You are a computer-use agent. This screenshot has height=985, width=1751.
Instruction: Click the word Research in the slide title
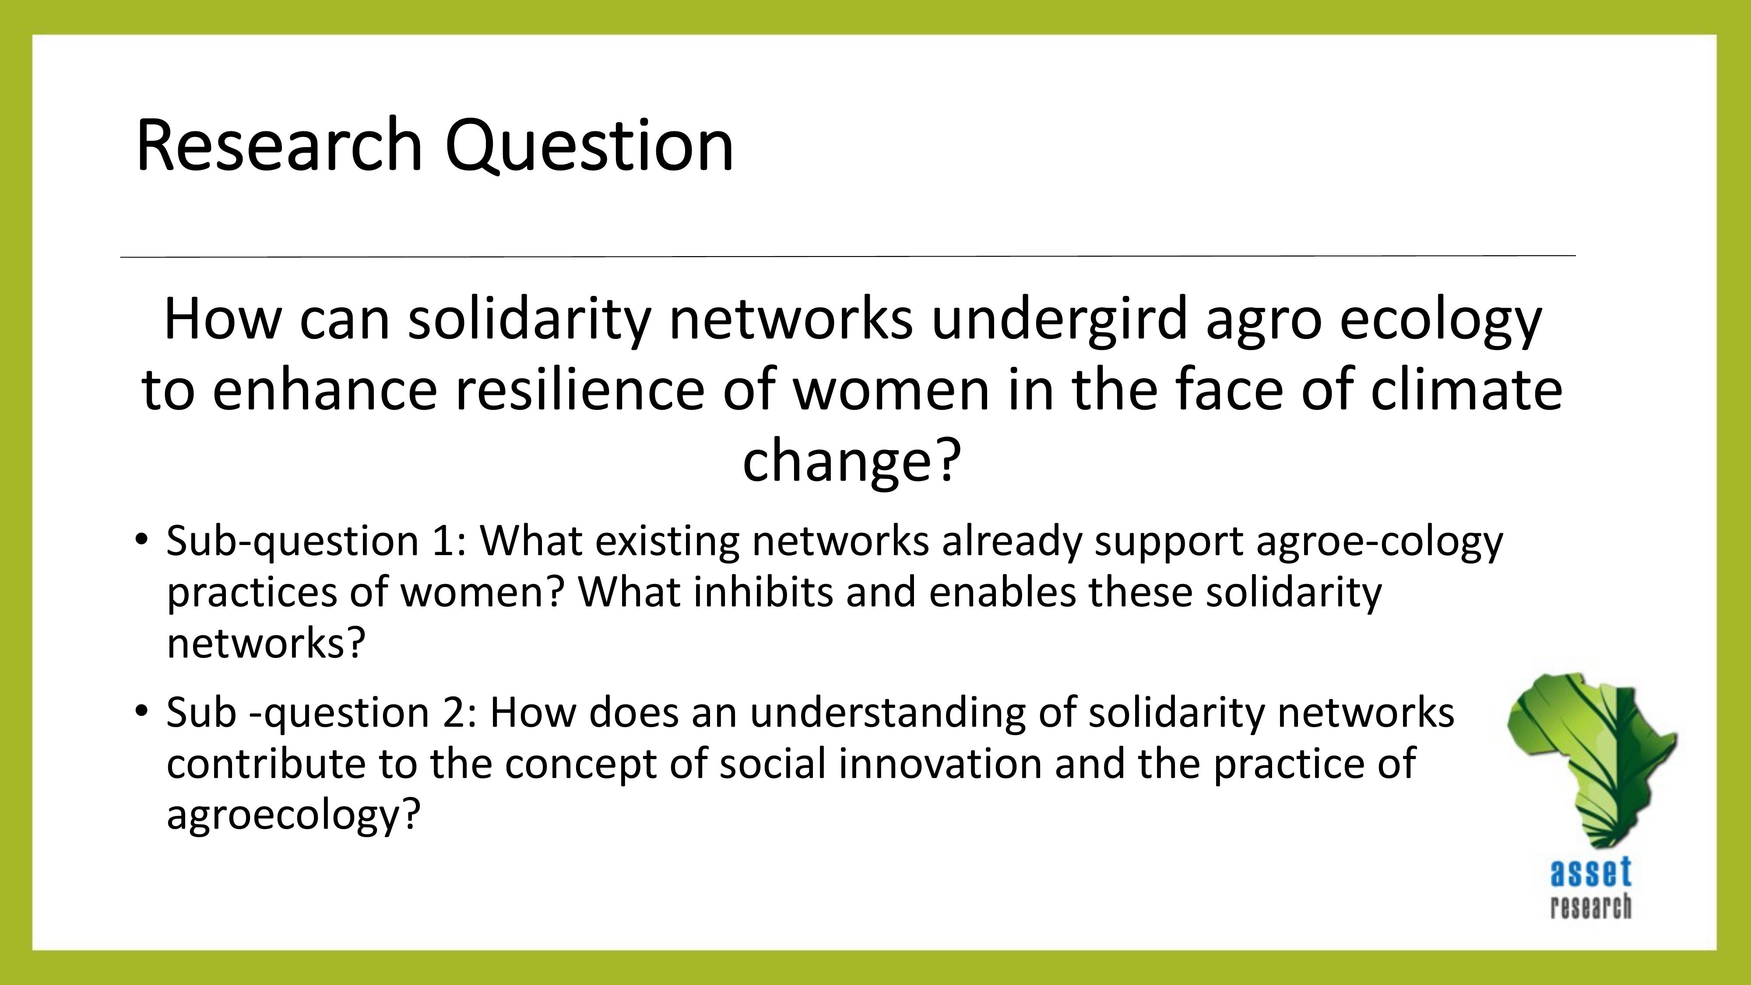pos(279,145)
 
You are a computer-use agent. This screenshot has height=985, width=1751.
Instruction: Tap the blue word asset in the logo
pos(1591,873)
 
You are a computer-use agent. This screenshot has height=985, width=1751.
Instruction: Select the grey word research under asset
pos(1591,907)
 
